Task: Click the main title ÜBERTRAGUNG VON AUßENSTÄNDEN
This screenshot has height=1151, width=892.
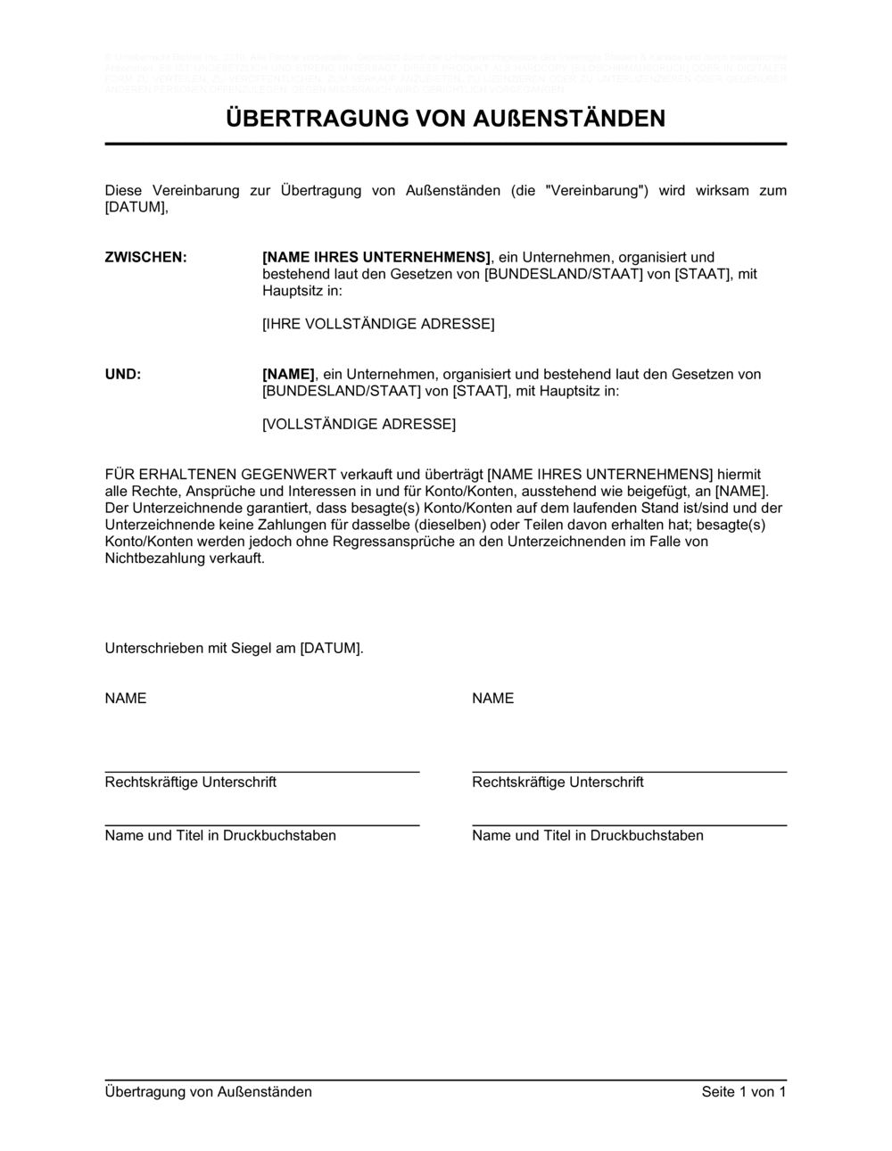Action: [445, 119]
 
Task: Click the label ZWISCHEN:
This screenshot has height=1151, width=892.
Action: [146, 257]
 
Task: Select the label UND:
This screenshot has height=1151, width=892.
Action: [123, 374]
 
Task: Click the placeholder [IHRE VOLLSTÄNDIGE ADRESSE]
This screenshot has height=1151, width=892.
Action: [378, 324]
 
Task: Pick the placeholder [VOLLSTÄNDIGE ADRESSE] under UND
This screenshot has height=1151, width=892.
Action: [359, 424]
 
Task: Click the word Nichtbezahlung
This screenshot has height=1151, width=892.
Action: [152, 559]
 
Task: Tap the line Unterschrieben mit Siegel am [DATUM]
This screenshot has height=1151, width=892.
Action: [234, 649]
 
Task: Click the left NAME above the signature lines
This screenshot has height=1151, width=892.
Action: [126, 698]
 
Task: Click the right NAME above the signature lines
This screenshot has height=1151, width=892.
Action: [493, 698]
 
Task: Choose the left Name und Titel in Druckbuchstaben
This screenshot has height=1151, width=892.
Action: [220, 835]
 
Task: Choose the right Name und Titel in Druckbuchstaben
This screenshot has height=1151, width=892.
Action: [588, 835]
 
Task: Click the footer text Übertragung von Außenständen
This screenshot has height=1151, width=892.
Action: [209, 1092]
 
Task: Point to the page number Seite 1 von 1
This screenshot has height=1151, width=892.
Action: [744, 1092]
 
